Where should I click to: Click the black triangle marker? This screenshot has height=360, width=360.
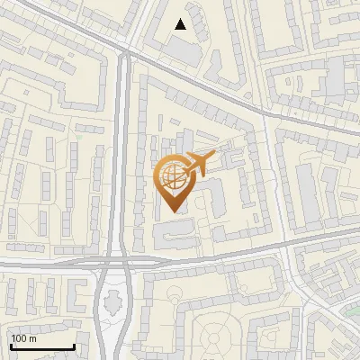click(181, 24)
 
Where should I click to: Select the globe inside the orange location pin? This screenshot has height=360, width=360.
click(171, 176)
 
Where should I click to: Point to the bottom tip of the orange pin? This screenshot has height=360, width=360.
click(174, 211)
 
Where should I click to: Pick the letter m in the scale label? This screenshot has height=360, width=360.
click(33, 338)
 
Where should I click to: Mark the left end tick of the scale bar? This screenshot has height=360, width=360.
click(10, 346)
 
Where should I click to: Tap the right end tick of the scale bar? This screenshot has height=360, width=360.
click(74, 346)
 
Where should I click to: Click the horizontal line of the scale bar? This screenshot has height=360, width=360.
click(41, 347)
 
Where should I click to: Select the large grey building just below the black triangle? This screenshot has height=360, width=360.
click(185, 49)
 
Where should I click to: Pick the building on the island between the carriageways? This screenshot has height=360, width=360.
click(113, 304)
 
